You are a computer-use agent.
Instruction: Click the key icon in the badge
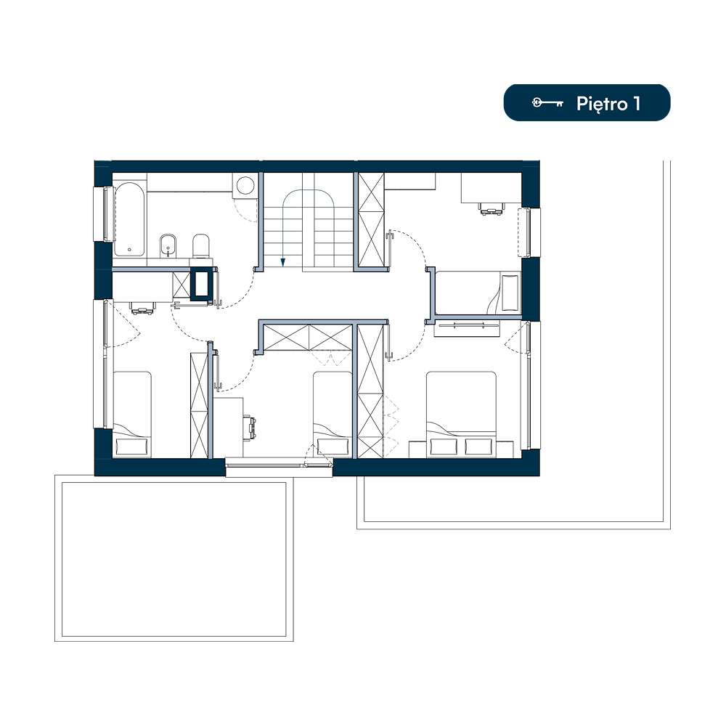tap(547, 103)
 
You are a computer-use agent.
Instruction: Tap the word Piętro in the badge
tap(602, 104)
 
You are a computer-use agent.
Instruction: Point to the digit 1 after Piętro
tap(637, 104)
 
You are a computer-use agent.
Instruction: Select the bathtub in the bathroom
tap(129, 219)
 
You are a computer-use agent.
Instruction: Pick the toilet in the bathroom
tap(201, 245)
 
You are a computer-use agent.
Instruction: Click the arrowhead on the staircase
tap(283, 262)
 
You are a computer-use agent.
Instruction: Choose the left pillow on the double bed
tap(444, 446)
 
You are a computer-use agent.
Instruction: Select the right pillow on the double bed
tap(478, 446)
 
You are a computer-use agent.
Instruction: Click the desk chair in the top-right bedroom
tap(491, 209)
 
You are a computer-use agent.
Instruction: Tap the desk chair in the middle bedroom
tap(251, 427)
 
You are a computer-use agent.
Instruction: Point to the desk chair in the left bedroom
tap(142, 308)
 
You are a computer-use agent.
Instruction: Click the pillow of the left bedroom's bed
tap(131, 446)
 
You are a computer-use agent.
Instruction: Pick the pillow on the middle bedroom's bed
tap(333, 446)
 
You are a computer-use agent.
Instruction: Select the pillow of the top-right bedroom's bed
tap(510, 293)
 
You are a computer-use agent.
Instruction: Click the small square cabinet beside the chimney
tap(181, 285)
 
